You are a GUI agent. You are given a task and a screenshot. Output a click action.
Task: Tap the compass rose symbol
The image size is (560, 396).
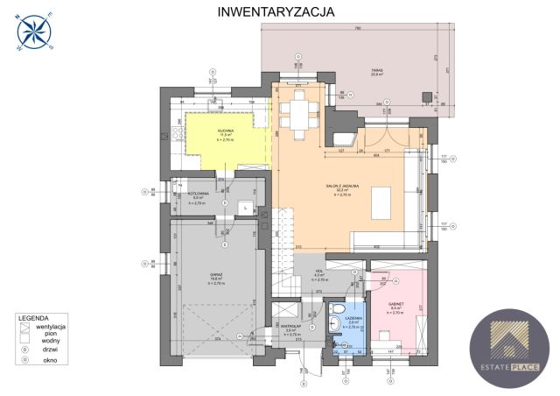tap(33, 33)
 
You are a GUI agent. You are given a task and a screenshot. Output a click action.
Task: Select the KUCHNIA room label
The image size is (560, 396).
tap(226, 130)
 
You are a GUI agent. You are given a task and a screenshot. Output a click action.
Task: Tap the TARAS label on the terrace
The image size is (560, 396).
tap(377, 72)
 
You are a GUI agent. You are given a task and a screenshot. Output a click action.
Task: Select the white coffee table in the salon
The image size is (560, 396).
tap(382, 205)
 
